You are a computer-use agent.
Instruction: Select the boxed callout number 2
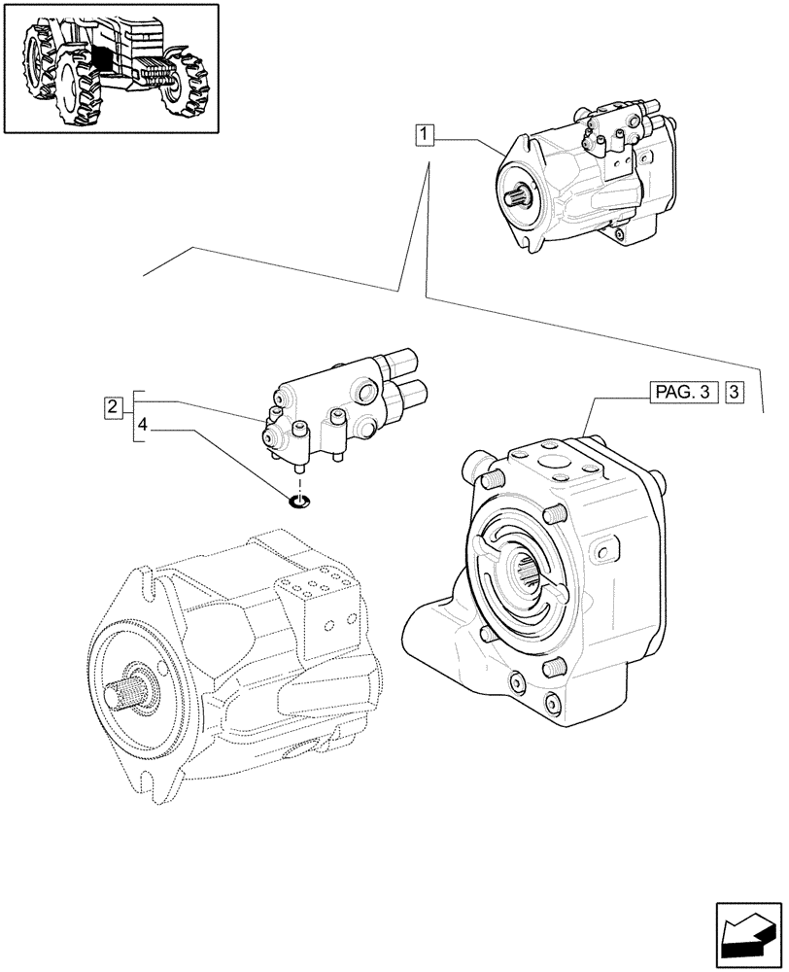pos(114,405)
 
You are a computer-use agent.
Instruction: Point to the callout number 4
pos(142,425)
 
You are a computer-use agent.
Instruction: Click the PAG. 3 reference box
pos(681,393)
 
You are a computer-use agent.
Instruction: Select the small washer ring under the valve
pos(299,502)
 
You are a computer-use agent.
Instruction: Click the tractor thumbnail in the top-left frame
pos(109,68)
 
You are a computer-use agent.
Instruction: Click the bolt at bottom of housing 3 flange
pos(553,699)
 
